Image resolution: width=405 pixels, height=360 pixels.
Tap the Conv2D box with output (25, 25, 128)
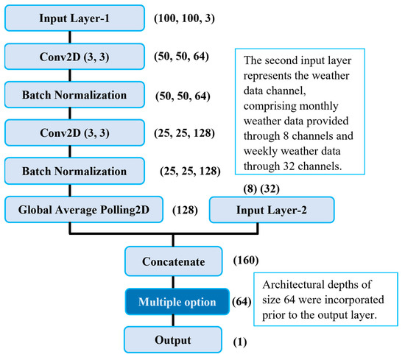tap(72, 133)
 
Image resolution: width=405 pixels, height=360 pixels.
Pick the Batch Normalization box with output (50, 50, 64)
tap(72, 95)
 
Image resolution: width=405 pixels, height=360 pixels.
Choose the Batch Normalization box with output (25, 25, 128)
tap(72, 172)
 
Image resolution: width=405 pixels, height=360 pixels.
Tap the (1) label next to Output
tap(240, 342)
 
